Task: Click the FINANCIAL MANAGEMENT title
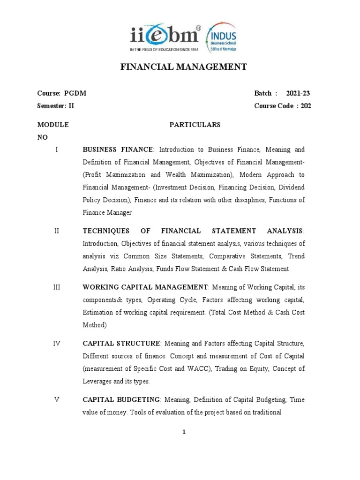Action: pyautogui.click(x=184, y=67)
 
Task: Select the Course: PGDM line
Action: pyautogui.click(x=61, y=93)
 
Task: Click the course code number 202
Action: pyautogui.click(x=306, y=106)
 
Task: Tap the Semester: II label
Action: pyautogui.click(x=56, y=106)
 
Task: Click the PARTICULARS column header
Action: pyautogui.click(x=194, y=125)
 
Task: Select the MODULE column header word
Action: pyautogui.click(x=53, y=125)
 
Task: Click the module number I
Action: pyautogui.click(x=56, y=150)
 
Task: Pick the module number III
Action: pyautogui.click(x=56, y=286)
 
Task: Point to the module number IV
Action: pyautogui.click(x=56, y=343)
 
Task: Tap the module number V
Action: pyautogui.click(x=56, y=399)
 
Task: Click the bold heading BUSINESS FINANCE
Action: pyautogui.click(x=118, y=150)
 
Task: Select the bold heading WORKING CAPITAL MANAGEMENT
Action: pyautogui.click(x=145, y=286)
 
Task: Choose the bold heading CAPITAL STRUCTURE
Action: pyautogui.click(x=121, y=343)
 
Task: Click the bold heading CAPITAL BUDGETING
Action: pyautogui.click(x=121, y=399)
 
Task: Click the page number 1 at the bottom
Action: pyautogui.click(x=185, y=432)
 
